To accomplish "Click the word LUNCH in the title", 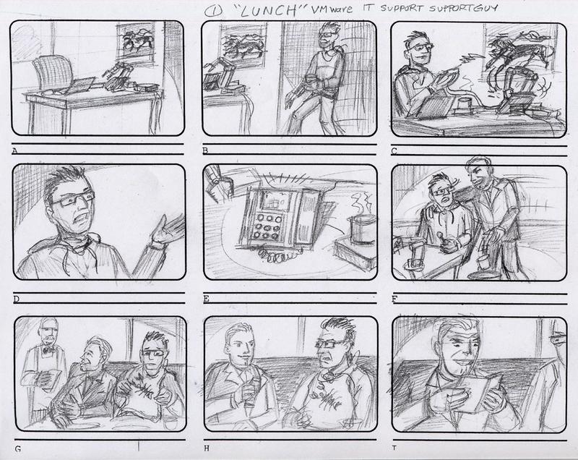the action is point(269,11).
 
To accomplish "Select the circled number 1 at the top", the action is point(213,12).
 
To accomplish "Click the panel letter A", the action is point(14,151).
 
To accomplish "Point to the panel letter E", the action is point(207,299).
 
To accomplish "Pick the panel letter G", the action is point(17,449).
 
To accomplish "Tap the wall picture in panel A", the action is point(136,41).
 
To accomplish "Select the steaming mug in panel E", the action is point(359,228).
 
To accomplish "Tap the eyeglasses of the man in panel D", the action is point(74,198).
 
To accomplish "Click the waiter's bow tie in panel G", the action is point(47,350).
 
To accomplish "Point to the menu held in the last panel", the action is point(479,392).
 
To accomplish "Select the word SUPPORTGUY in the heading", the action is point(463,9).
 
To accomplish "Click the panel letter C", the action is point(394,151).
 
